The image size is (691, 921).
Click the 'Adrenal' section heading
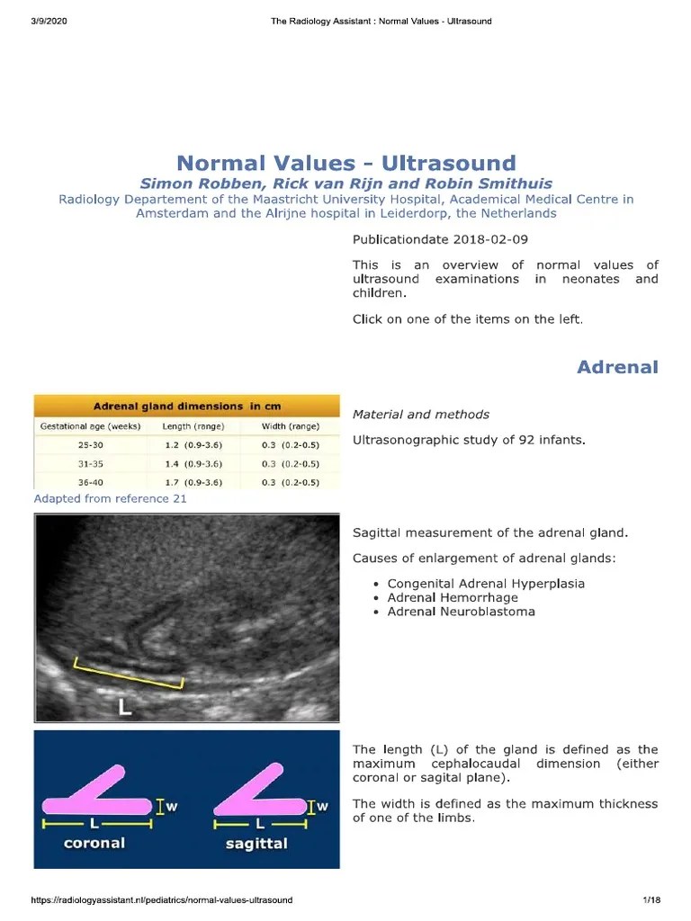pyautogui.click(x=617, y=367)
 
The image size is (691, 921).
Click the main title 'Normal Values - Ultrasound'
pyautogui.click(x=346, y=163)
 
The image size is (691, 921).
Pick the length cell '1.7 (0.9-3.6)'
pyautogui.click(x=193, y=481)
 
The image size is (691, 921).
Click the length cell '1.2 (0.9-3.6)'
pyautogui.click(x=193, y=445)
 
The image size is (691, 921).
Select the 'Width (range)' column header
pyautogui.click(x=291, y=426)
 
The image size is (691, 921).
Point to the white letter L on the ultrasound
pyautogui.click(x=125, y=707)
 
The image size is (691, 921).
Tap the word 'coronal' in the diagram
pyautogui.click(x=94, y=844)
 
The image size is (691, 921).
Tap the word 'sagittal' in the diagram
pyautogui.click(x=258, y=844)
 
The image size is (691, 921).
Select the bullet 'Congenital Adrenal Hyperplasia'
pyautogui.click(x=486, y=583)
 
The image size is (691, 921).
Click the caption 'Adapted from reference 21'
pyautogui.click(x=110, y=498)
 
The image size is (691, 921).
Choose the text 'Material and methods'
pyautogui.click(x=421, y=415)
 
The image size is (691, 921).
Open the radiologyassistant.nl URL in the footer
pyautogui.click(x=162, y=900)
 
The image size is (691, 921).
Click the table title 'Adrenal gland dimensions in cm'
pyautogui.click(x=187, y=407)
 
